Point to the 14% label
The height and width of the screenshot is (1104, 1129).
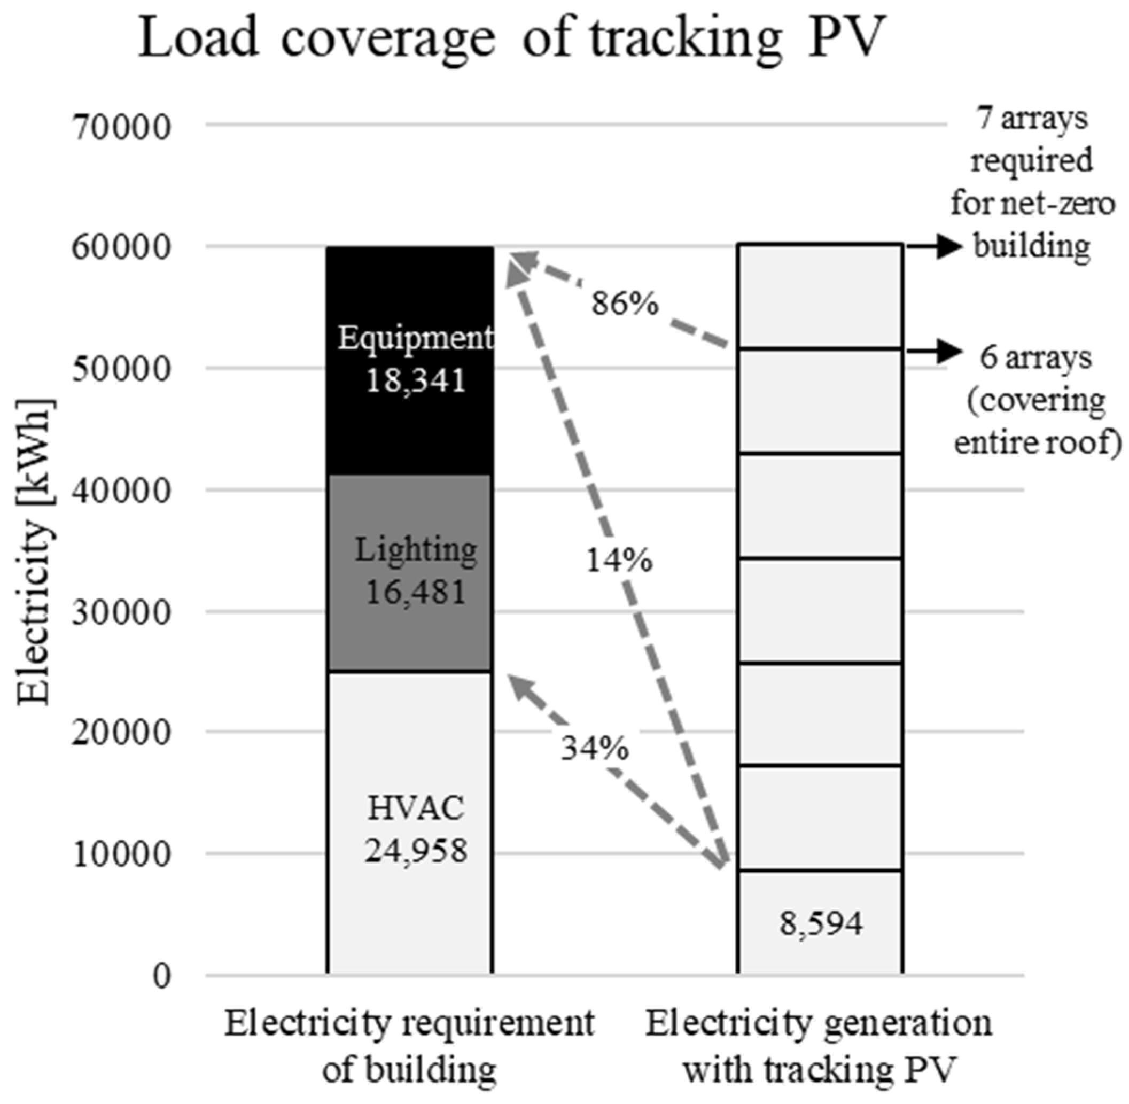click(x=619, y=561)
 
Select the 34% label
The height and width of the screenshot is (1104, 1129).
click(x=594, y=749)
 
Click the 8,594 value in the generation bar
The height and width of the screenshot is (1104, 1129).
click(x=821, y=924)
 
